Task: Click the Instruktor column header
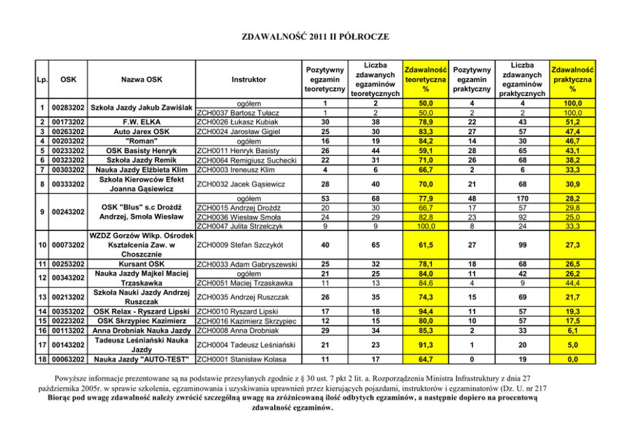[249, 80]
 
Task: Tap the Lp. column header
[41, 80]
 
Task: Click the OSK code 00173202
[69, 122]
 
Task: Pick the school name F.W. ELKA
[141, 122]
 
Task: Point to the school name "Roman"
[141, 141]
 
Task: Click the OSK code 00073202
[69, 245]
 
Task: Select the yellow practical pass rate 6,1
[572, 330]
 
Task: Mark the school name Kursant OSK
[141, 263]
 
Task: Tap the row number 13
[41, 297]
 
